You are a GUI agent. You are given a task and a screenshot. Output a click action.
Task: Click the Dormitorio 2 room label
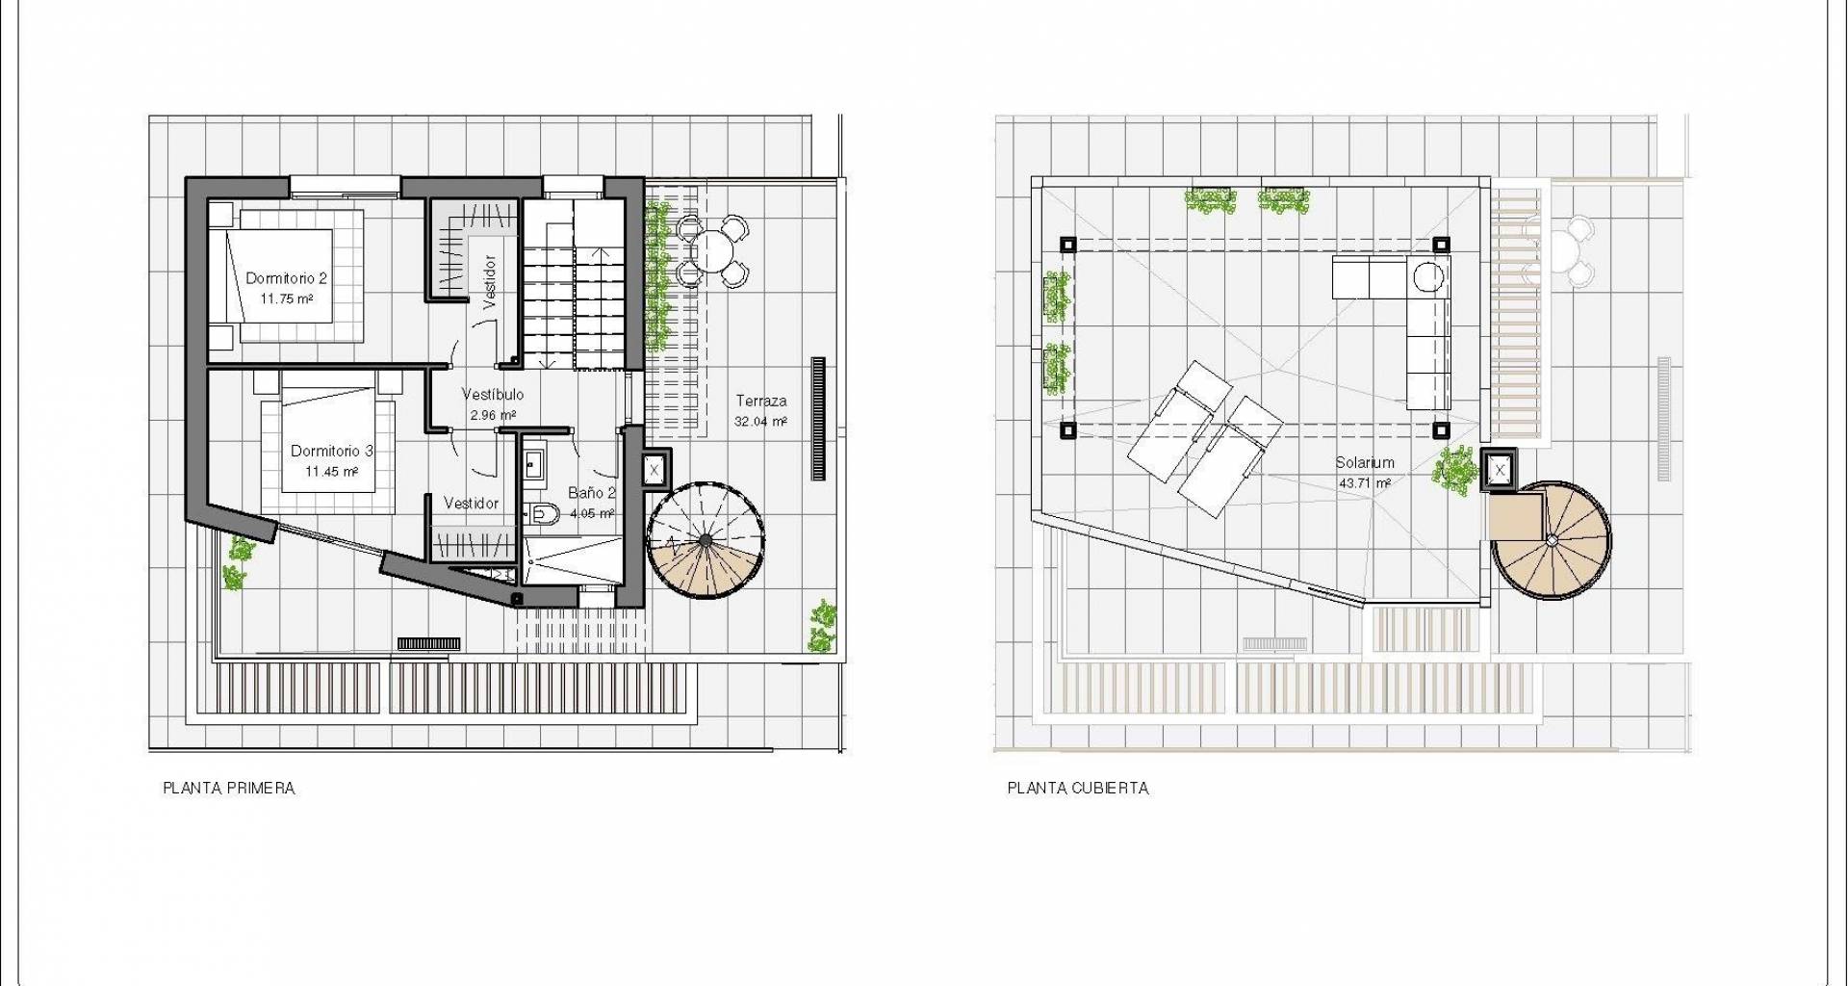tap(286, 278)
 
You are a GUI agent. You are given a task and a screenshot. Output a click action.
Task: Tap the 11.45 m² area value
tap(332, 472)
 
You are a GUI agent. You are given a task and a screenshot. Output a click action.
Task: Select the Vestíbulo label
tap(493, 395)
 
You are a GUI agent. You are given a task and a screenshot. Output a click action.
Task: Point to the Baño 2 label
tap(592, 493)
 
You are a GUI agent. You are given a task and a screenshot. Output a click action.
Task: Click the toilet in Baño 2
tap(544, 514)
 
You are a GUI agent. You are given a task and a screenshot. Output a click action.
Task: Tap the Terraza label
tap(761, 401)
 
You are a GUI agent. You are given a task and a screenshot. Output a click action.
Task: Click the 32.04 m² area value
tap(760, 422)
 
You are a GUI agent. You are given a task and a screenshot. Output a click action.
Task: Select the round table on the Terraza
tap(713, 251)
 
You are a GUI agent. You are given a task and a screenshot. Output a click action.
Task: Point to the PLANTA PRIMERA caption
tap(229, 789)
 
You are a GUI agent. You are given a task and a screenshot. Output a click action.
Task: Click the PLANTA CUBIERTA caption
tap(1078, 789)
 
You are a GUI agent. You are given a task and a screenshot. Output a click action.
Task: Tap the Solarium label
tap(1365, 463)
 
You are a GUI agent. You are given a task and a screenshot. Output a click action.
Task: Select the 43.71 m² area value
tap(1365, 483)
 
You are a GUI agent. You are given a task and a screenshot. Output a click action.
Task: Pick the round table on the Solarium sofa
tap(1428, 277)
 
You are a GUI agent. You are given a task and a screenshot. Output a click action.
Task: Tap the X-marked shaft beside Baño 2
tap(654, 471)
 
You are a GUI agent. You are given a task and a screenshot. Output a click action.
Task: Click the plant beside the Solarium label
tap(1454, 470)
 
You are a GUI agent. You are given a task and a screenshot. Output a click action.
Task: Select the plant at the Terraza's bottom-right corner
tap(822, 626)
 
